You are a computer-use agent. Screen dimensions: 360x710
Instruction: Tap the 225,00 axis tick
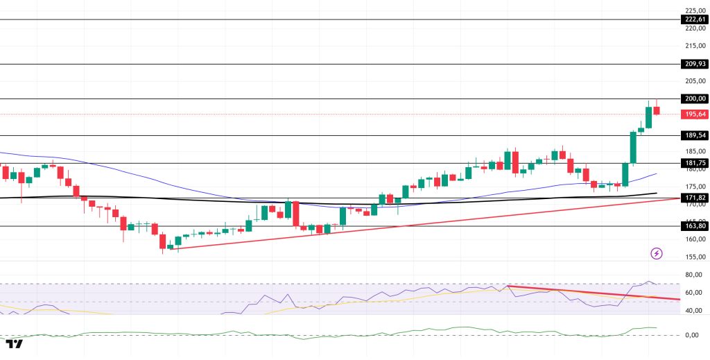[695, 10]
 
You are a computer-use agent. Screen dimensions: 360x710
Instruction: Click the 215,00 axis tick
[695, 46]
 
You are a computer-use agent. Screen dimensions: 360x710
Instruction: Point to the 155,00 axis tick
[695, 257]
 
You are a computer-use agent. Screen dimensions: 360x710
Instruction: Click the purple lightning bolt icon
[657, 254]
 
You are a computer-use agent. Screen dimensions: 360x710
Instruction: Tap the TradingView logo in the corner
[14, 344]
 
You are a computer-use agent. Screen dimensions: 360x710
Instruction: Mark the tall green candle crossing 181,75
[633, 148]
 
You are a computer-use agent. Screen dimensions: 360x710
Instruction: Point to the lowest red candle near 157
[163, 241]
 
